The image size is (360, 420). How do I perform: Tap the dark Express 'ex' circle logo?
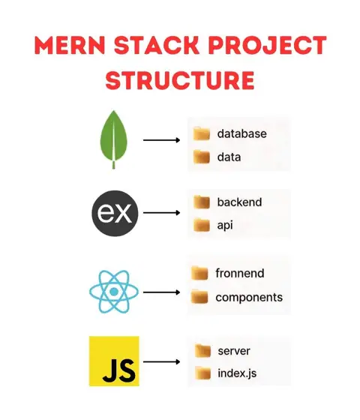click(x=115, y=213)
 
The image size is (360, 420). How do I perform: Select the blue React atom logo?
click(x=114, y=292)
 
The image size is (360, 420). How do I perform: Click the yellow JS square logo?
click(x=114, y=361)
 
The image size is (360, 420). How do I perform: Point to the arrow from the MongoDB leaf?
click(x=161, y=139)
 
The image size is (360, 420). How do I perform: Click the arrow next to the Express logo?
click(x=161, y=213)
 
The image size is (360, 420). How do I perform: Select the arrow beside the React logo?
click(x=161, y=292)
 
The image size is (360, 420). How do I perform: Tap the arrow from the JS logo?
click(x=161, y=361)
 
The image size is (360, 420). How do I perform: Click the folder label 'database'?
click(x=241, y=133)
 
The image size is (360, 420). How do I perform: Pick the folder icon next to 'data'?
click(x=202, y=157)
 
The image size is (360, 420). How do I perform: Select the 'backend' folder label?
click(x=239, y=202)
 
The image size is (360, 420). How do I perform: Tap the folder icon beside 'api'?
click(x=202, y=224)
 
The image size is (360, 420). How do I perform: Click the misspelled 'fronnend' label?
click(x=240, y=273)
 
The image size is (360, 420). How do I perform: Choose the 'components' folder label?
click(x=249, y=297)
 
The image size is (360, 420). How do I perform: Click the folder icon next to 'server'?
click(x=202, y=351)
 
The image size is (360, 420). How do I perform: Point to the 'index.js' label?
click(x=237, y=373)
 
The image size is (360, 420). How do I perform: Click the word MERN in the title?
click(x=70, y=45)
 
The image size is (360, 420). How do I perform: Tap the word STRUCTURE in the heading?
click(x=180, y=80)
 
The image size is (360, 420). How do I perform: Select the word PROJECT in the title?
click(x=267, y=45)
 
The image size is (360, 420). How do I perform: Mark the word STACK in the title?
click(x=157, y=45)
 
